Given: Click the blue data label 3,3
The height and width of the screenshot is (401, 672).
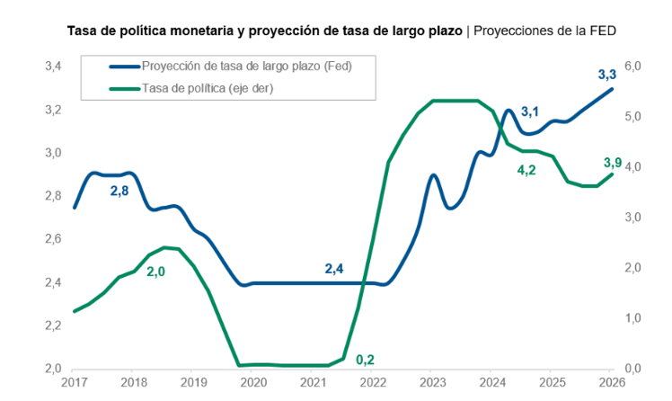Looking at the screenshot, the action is [x=606, y=75].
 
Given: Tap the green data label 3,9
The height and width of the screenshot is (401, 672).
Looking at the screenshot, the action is [x=613, y=163].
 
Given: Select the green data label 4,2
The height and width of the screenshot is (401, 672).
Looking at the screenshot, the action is [x=526, y=170].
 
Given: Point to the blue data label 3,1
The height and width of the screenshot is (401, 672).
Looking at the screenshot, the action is [x=530, y=111].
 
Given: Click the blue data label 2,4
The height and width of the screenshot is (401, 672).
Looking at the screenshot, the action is [x=334, y=269].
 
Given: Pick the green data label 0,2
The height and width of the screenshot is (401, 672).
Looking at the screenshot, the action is [x=365, y=360].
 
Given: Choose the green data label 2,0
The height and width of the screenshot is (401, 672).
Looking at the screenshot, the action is [x=156, y=272].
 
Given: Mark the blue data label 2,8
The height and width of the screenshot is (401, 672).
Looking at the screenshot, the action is [x=119, y=191].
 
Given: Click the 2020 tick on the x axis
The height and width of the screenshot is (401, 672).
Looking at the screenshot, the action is [x=253, y=382].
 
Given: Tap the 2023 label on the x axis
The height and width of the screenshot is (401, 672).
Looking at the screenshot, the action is [x=433, y=382].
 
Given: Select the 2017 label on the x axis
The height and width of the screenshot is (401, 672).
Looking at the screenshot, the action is [x=75, y=382].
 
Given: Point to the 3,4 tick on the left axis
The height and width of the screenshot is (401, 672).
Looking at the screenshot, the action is [x=54, y=67].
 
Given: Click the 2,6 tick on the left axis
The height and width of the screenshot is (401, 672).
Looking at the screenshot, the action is [x=54, y=239].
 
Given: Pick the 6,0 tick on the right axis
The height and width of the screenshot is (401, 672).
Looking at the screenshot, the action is [x=632, y=66].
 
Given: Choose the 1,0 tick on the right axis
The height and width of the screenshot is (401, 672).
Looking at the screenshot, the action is [x=632, y=317].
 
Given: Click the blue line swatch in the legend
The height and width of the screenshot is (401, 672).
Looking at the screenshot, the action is [x=125, y=67].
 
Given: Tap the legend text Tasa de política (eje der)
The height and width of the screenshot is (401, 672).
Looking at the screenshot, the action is [x=208, y=88].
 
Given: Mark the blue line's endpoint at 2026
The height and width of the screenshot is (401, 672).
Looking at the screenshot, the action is [x=612, y=89].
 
